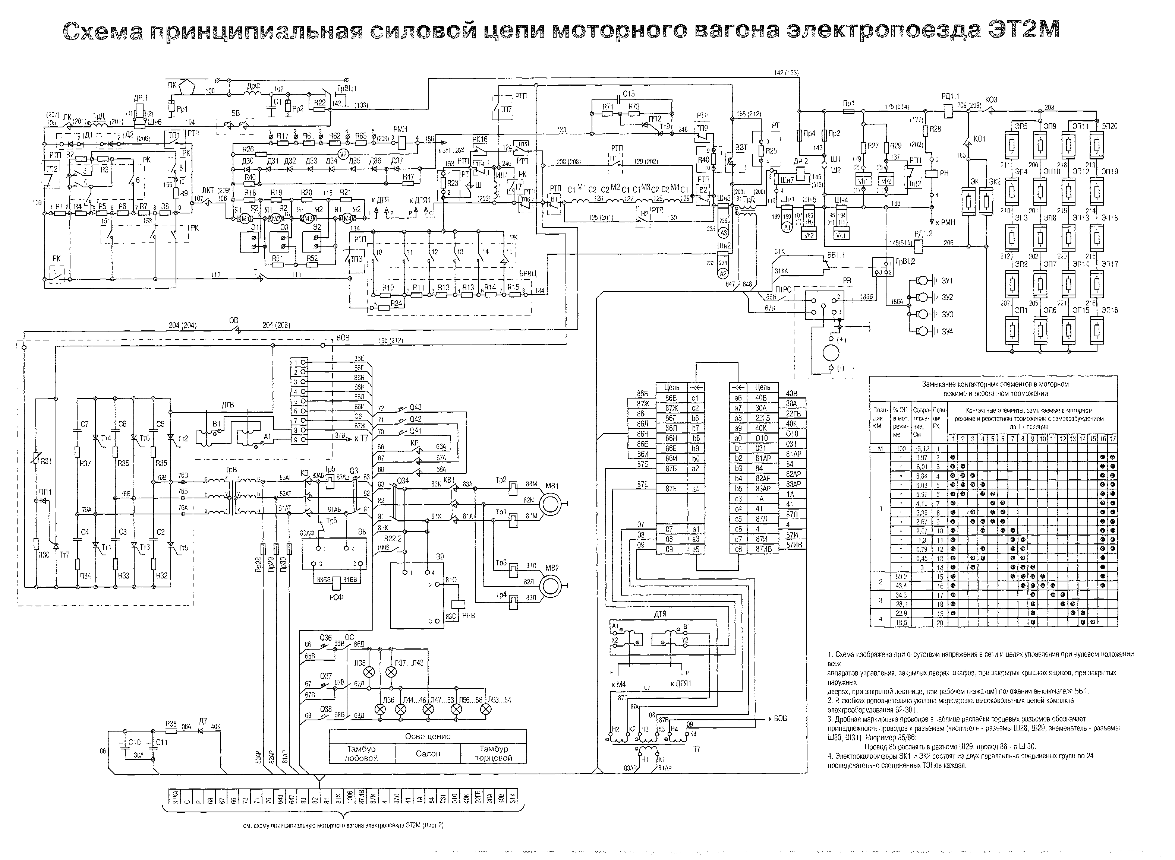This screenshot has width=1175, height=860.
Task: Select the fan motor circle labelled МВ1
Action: pos(550,503)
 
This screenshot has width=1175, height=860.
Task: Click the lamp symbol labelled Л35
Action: pos(369,672)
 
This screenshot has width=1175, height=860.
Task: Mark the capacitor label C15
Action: pos(629,94)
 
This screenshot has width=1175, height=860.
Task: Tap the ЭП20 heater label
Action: pos(1109,126)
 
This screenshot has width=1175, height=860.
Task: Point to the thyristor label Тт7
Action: pos(64,555)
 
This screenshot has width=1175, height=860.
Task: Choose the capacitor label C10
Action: pos(134,742)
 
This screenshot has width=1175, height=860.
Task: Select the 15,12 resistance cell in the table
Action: pos(921,448)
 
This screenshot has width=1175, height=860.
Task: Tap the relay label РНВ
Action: pos(469,615)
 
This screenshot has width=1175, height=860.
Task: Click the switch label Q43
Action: pos(415,407)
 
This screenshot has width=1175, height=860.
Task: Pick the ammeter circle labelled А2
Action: pos(722,274)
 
